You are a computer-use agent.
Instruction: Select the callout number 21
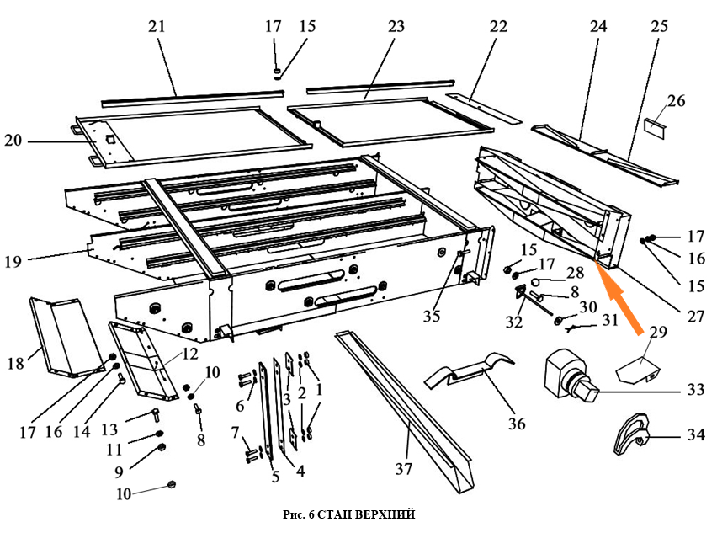157,26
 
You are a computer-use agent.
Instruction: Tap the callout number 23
397,26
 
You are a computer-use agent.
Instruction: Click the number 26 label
677,102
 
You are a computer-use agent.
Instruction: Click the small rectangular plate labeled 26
654,127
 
